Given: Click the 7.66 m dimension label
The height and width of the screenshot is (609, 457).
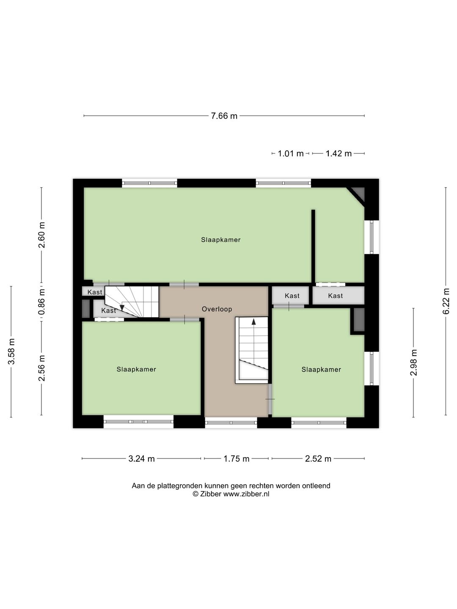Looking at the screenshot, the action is pos(224,116).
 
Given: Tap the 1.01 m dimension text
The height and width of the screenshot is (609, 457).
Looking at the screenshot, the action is pos(291,154).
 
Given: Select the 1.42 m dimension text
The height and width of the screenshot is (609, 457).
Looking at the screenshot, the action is pos(339,154).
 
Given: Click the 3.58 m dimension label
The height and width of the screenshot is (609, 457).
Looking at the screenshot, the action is pos(11,351).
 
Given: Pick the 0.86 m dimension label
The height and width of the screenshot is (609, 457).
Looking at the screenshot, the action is pos(41,302).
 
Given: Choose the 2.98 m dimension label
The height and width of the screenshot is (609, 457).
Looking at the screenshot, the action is pos(413,362).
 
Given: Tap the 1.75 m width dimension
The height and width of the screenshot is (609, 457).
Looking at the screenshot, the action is pos(237,458).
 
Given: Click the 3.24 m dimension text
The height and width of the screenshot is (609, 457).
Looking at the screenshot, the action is pos(141,458).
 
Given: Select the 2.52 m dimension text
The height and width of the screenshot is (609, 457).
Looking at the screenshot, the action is pos(318,458).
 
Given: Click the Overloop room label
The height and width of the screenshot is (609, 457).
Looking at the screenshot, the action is pos(217,309).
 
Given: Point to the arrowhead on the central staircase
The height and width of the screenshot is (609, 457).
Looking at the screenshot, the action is pos(253,321).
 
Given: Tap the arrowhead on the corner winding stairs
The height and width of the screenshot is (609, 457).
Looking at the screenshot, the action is pos(122,308).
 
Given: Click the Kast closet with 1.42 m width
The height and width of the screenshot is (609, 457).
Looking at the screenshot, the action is pos(338,296).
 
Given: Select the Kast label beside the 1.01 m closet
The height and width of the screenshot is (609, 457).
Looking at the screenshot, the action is pos(292,296).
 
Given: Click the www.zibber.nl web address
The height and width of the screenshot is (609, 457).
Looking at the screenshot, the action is pos(246,494).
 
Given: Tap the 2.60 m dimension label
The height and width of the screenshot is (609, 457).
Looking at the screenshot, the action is pos(41,235).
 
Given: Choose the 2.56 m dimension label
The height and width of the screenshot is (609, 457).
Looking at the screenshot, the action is pos(41,368).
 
